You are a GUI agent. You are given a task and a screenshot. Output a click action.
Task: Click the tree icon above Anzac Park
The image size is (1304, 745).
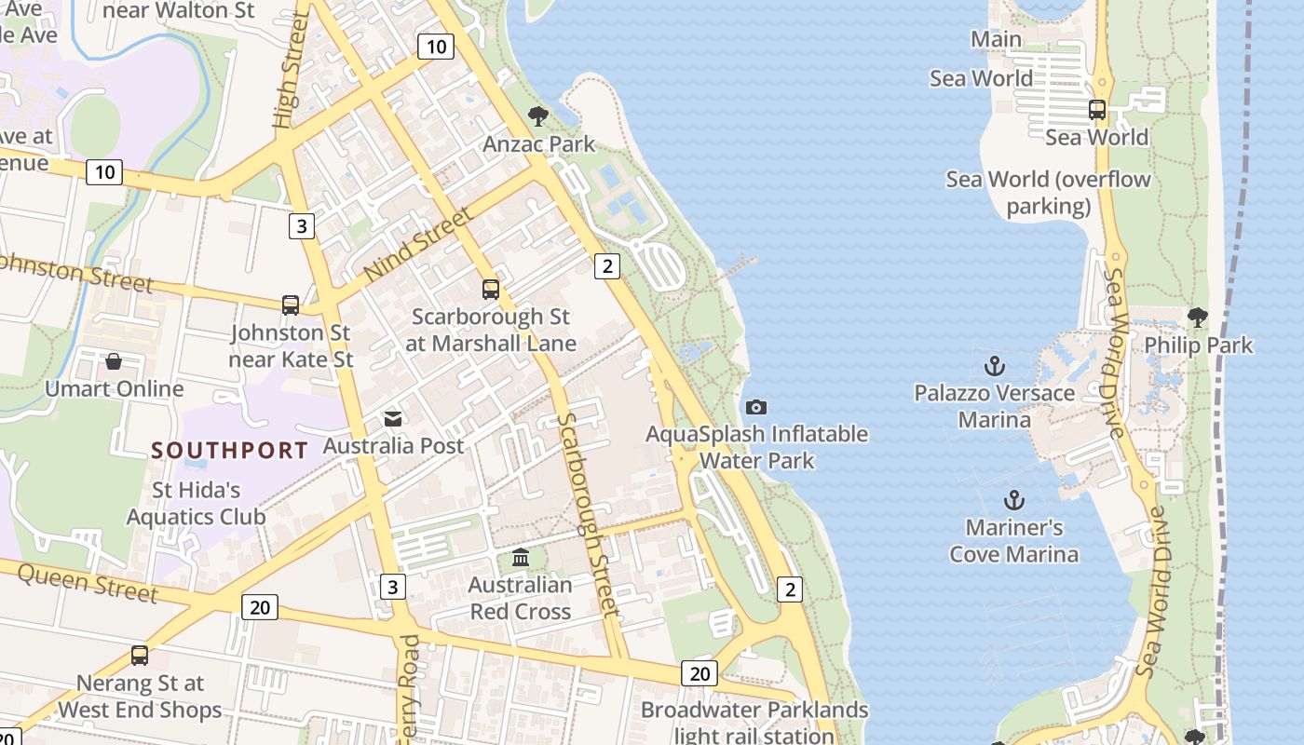pyautogui.click(x=537, y=116)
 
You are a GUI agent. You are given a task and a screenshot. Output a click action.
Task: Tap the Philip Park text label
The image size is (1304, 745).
pyautogui.click(x=1198, y=345)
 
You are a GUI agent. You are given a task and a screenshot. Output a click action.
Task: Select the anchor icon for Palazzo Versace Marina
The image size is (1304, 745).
pyautogui.click(x=995, y=365)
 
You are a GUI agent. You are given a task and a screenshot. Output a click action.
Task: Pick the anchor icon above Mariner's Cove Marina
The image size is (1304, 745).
pyautogui.click(x=1014, y=501)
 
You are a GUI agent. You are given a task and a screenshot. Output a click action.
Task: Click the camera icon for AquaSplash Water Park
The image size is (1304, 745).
pyautogui.click(x=756, y=407)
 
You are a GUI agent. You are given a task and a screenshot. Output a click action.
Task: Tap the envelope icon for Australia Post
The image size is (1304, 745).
pyautogui.click(x=393, y=419)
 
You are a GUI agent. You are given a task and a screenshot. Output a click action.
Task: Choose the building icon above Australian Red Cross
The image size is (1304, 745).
pyautogui.click(x=521, y=558)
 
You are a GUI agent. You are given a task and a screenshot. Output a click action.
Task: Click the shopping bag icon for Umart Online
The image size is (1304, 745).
pyautogui.click(x=114, y=361)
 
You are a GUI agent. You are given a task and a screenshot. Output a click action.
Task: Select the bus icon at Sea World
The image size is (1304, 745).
pyautogui.click(x=1097, y=110)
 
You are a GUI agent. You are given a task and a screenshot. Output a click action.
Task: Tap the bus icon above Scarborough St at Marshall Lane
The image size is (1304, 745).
pyautogui.click(x=491, y=290)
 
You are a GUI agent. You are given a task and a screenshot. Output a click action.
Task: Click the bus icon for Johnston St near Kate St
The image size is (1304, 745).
pyautogui.click(x=291, y=305)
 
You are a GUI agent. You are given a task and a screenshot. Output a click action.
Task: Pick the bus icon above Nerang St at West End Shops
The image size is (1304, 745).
pyautogui.click(x=140, y=656)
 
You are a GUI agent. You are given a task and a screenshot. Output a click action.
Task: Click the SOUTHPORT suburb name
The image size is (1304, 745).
pyautogui.click(x=229, y=451)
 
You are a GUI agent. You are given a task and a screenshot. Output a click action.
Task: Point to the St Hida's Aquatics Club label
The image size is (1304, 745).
pyautogui.click(x=196, y=503)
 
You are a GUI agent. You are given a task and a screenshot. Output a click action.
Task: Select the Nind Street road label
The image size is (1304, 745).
pyautogui.click(x=419, y=245)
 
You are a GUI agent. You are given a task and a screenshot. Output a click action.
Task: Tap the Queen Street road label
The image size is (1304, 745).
pyautogui.click(x=88, y=583)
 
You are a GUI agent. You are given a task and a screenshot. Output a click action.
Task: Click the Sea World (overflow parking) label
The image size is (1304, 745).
pyautogui.click(x=1048, y=192)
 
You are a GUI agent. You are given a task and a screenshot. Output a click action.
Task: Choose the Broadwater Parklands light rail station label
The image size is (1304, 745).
pyautogui.click(x=754, y=723)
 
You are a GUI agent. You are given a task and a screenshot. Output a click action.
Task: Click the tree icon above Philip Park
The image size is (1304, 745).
pyautogui.click(x=1198, y=318)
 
